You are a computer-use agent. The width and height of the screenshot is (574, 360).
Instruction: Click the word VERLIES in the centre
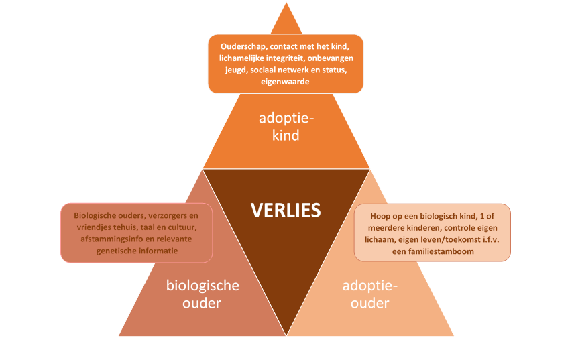click(286, 210)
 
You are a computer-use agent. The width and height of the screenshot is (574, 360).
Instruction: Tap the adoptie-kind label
click(286, 127)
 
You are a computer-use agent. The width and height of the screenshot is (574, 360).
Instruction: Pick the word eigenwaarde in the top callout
click(286, 82)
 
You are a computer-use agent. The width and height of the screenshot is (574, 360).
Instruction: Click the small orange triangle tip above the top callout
click(286, 20)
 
